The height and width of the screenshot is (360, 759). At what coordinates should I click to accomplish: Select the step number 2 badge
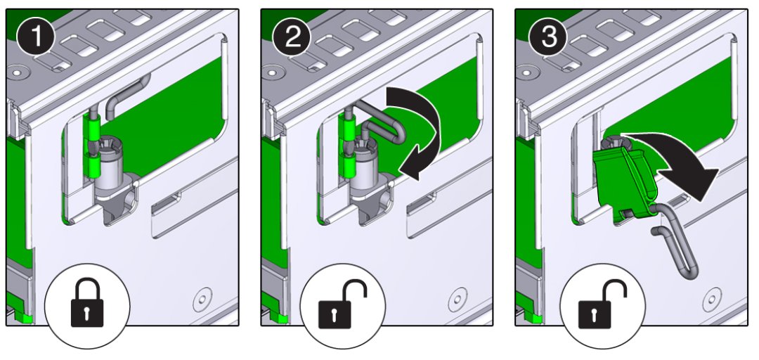click(x=292, y=38)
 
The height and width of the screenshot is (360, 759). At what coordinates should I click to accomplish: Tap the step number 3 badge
click(x=547, y=38)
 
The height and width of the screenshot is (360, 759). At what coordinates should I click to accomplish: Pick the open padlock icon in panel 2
click(x=342, y=304)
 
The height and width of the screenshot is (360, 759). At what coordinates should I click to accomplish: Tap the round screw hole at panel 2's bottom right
click(x=458, y=300)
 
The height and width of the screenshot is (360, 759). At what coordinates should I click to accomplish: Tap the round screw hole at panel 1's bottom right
click(x=203, y=300)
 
